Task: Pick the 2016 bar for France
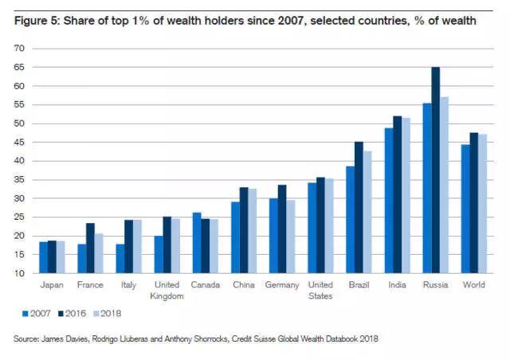pyautogui.click(x=90, y=248)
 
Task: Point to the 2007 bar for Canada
pyautogui.click(x=197, y=243)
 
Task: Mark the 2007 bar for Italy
pyautogui.click(x=120, y=258)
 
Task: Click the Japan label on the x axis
pyautogui.click(x=51, y=285)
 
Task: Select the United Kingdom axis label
pyautogui.click(x=167, y=290)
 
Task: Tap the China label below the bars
pyautogui.click(x=243, y=285)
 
